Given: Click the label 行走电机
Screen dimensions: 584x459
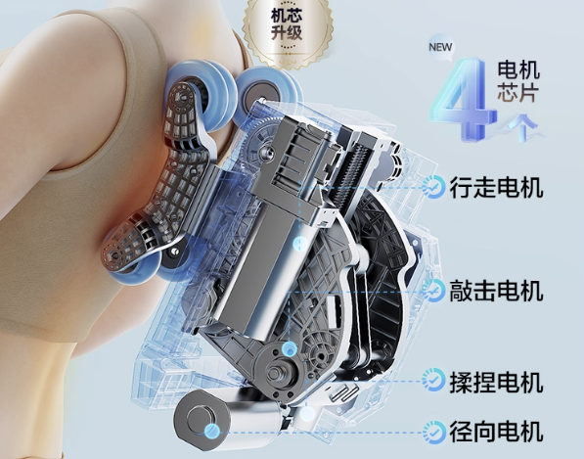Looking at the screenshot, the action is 496,187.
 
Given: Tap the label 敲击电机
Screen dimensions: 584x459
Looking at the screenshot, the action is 496,291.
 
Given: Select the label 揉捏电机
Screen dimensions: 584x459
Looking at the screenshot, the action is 496,382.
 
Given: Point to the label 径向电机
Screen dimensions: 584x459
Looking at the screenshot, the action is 496,432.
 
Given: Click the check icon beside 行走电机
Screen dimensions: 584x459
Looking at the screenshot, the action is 433,187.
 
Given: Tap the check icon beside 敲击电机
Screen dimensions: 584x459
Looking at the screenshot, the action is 433,291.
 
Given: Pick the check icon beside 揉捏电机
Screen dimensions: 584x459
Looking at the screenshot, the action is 433,380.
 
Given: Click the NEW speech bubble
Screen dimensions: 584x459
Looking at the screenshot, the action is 440,47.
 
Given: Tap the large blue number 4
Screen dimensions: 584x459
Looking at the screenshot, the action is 464,100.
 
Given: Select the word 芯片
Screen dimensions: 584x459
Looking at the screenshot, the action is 518,93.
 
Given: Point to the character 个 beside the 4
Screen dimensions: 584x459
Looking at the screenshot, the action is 521,127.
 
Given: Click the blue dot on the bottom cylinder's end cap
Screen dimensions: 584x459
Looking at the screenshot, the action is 211,431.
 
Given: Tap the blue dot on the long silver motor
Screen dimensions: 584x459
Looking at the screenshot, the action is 299,244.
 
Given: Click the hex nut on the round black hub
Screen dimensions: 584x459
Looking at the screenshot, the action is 275,373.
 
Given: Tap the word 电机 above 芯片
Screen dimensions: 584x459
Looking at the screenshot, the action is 518,69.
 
